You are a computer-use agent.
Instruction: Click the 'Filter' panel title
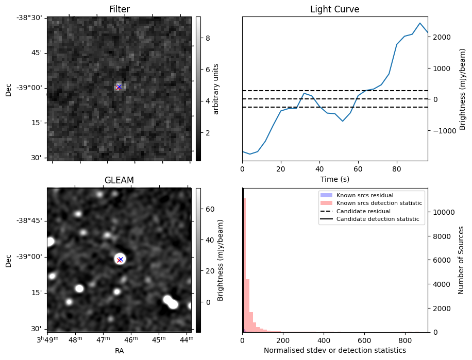119,9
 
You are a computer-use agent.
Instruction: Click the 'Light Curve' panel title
334,9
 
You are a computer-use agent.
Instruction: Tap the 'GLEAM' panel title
119,180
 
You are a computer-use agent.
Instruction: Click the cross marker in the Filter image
119,87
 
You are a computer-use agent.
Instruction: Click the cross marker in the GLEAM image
120,260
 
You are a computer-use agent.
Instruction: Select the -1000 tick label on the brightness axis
441,130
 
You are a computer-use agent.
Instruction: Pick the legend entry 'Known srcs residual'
365,196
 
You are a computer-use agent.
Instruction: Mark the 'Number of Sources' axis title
462,260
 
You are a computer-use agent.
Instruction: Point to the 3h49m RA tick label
47,340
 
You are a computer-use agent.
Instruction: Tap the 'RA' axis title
119,350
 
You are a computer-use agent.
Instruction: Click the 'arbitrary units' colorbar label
216,89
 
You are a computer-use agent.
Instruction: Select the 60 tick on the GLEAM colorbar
209,209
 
